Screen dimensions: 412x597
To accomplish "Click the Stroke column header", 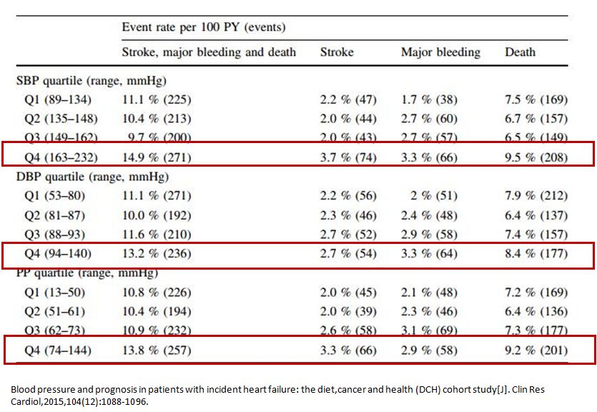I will (337, 52).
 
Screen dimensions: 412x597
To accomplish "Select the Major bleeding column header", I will (440, 52).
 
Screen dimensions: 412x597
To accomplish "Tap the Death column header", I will (520, 52).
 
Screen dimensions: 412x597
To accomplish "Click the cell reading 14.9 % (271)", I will (157, 157).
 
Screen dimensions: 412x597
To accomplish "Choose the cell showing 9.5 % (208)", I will (536, 157).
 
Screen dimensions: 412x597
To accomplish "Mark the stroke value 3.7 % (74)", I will (348, 157).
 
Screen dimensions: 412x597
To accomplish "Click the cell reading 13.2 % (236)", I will (157, 253).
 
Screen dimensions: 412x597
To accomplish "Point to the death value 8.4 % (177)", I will (536, 253).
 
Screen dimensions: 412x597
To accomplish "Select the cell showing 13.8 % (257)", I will (157, 350).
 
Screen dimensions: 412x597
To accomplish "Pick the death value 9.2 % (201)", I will (536, 350).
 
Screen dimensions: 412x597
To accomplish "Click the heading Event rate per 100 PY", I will (204, 28).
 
